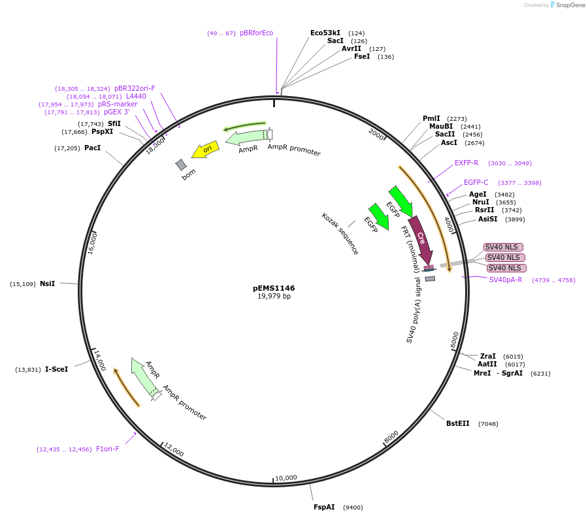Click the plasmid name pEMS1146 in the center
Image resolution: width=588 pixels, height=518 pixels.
[x=274, y=288]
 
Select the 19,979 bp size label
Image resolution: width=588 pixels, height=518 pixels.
[x=274, y=297]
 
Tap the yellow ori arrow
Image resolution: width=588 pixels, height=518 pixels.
[x=205, y=150]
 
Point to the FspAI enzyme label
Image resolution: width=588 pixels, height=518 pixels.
[x=324, y=507]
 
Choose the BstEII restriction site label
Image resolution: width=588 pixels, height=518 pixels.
[x=457, y=423]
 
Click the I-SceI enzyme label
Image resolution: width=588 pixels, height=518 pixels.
[x=56, y=369]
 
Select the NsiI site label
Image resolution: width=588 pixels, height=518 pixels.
[x=47, y=283]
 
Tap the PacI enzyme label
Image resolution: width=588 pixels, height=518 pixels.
[x=92, y=148]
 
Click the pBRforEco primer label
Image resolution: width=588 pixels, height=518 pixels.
[x=256, y=33]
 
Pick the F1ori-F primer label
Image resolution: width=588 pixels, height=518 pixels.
[x=108, y=449]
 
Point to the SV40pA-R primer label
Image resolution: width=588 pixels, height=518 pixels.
[x=506, y=280]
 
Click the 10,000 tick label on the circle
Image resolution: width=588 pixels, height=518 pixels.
[x=286, y=478]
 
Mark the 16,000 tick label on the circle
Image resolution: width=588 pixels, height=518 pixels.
[x=92, y=243]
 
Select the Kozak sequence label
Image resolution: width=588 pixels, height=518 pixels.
[x=340, y=233]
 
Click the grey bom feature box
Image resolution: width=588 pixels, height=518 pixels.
[x=181, y=165]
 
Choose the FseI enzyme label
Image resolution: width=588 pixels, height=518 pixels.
[x=362, y=56]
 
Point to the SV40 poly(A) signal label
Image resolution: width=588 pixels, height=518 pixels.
[x=414, y=310]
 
